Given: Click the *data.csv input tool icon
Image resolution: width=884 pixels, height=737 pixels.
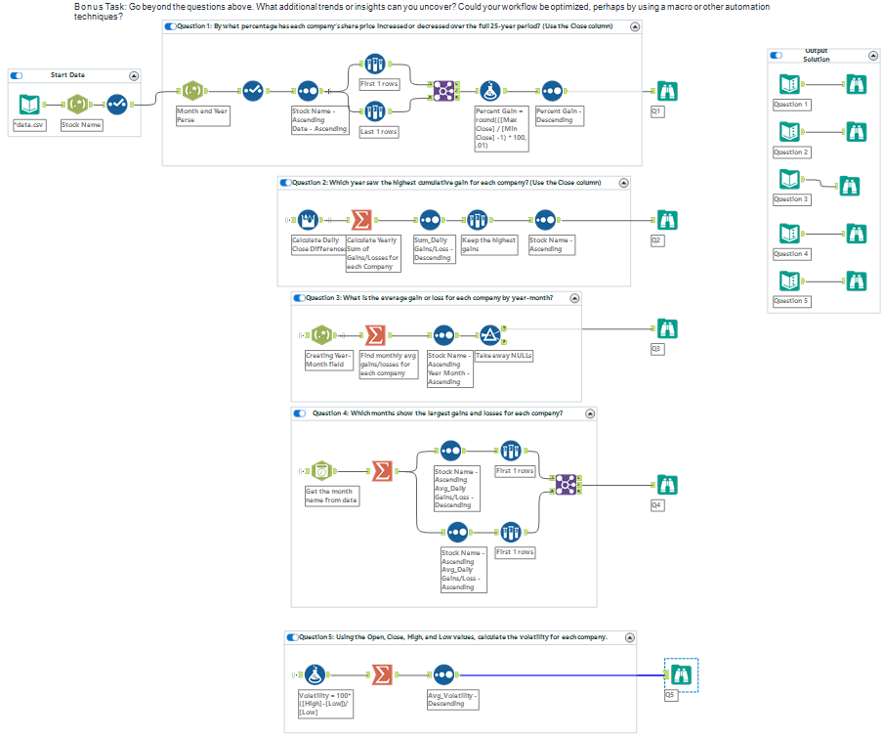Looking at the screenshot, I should [x=29, y=104].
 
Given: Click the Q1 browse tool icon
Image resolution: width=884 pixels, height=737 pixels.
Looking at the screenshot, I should [x=667, y=91].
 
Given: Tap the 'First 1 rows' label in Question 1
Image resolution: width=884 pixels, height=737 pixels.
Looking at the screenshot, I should [x=379, y=84].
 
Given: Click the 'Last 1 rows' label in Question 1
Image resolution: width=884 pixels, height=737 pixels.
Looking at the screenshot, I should [x=379, y=132].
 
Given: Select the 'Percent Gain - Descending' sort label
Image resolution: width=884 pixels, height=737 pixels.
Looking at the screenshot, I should [x=558, y=115].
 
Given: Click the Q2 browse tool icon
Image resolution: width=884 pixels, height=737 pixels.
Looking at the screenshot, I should [x=667, y=220].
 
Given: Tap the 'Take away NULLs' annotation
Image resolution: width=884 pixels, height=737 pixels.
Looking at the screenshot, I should [x=503, y=356].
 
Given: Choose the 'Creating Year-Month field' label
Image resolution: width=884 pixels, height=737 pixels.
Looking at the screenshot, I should [x=328, y=360].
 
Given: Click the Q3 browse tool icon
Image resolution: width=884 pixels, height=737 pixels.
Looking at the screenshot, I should [x=667, y=329].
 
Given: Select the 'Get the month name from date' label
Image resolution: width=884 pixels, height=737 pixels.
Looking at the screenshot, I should [x=332, y=496].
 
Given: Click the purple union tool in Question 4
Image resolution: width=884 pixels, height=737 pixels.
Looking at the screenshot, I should [x=566, y=484].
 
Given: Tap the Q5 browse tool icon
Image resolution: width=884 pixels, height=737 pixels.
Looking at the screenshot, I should [x=681, y=674].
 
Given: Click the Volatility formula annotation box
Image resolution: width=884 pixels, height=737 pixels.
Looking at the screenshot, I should [x=321, y=704].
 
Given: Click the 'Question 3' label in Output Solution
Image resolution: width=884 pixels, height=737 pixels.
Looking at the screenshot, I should [x=791, y=199].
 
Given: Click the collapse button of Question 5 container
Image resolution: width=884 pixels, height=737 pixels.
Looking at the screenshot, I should [x=630, y=637].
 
